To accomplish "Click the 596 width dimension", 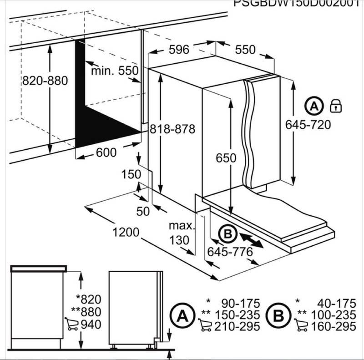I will (x=179, y=50).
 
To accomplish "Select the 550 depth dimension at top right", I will (x=245, y=50).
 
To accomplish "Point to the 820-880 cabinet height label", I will (x=45, y=81).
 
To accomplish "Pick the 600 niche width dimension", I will (x=106, y=153).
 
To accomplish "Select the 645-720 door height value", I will (x=308, y=124).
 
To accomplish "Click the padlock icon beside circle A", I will (x=336, y=106).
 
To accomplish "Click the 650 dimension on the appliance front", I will (x=226, y=158).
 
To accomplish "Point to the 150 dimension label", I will (x=131, y=174).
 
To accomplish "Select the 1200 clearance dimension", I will (x=125, y=232).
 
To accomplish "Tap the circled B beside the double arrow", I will (x=227, y=234).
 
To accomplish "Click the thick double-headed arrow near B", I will (x=251, y=240).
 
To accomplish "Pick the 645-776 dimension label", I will (x=230, y=251).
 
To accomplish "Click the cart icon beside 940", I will (x=71, y=324).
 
